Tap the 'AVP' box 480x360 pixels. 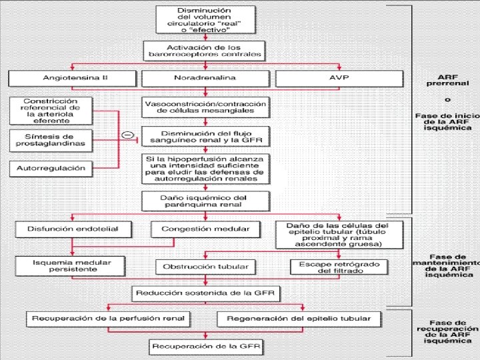[x=339, y=78]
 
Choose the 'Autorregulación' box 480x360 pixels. [x=50, y=168]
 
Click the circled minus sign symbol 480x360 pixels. [x=127, y=135]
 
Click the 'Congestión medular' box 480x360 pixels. [x=201, y=229]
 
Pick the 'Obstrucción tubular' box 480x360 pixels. [x=205, y=267]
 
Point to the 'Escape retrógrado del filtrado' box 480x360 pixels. [x=339, y=267]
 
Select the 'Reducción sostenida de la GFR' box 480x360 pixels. [x=207, y=293]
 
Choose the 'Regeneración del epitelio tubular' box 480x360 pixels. [x=299, y=319]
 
